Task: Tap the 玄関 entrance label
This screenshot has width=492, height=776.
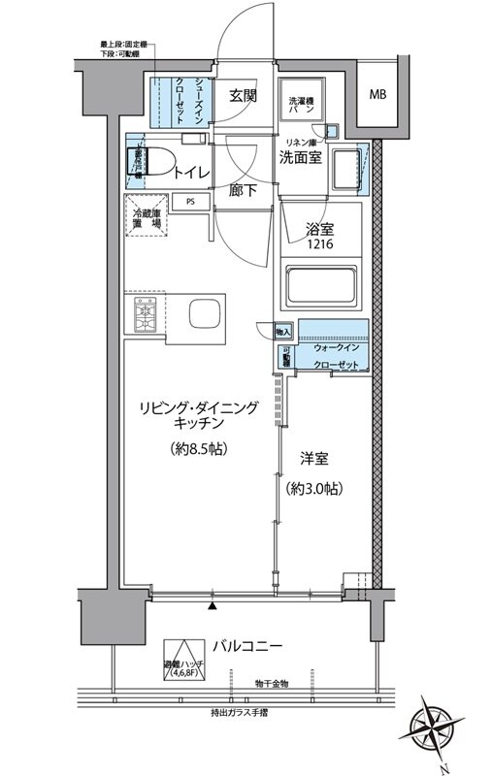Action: pyautogui.click(x=243, y=95)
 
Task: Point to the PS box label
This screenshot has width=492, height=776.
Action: pyautogui.click(x=191, y=203)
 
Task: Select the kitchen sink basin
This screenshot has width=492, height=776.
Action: pyautogui.click(x=208, y=315)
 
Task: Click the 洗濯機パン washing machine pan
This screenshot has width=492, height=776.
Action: pyautogui.click(x=302, y=107)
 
